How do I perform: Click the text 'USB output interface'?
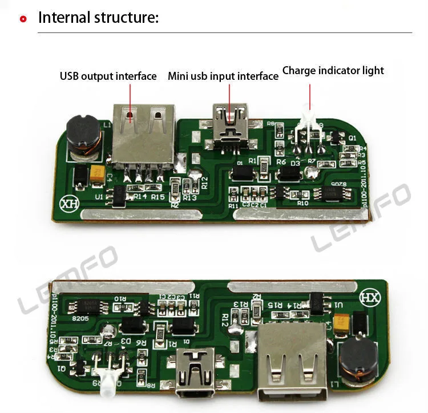pos(108,76)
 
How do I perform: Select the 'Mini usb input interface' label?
pos(223,76)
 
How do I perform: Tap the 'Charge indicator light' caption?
pos(333,71)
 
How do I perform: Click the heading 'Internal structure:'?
pos(98,17)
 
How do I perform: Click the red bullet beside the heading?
pos(23,19)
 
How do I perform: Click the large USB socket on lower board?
pos(291,357)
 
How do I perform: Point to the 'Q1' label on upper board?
pos(352,137)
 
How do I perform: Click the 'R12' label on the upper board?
pos(204,183)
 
